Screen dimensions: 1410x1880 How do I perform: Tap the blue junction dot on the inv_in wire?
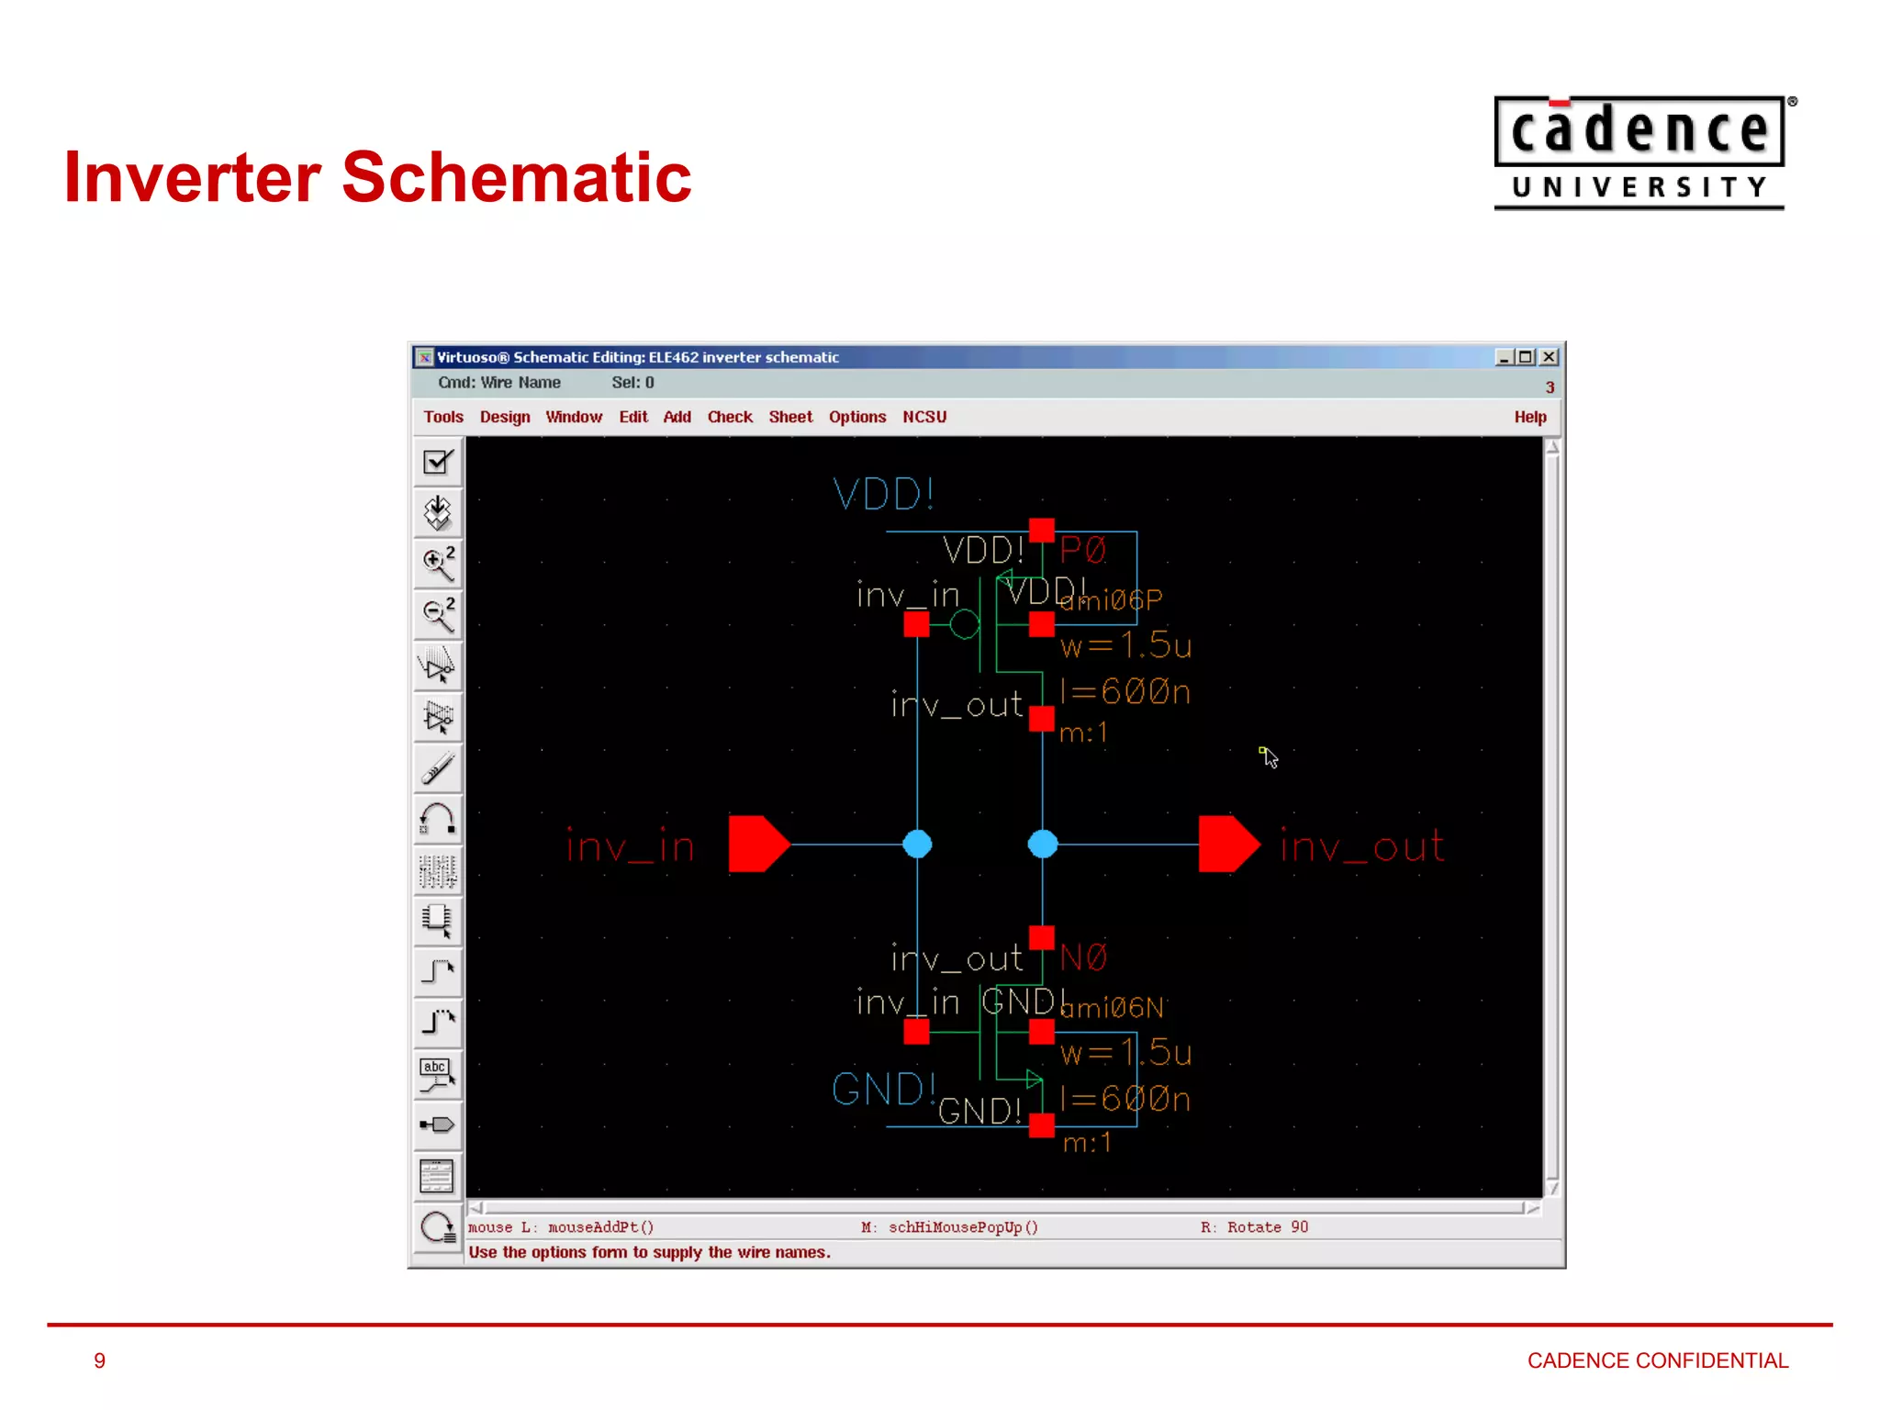pos(917,844)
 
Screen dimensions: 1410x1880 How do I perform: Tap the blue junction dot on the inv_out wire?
pos(1043,844)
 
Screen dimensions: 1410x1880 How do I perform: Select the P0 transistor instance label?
pos(1083,550)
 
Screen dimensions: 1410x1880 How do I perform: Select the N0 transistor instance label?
pos(1083,957)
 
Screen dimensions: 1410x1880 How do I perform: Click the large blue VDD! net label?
pos(883,494)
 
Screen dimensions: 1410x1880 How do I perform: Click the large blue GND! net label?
pos(883,1090)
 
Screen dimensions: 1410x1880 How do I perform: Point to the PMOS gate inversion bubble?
pos(964,625)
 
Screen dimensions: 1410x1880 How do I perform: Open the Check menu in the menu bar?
pos(730,417)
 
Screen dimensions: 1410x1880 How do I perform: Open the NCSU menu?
pos(923,417)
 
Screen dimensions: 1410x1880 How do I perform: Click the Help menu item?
pos(1529,417)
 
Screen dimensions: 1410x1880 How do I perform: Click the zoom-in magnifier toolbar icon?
pos(438,564)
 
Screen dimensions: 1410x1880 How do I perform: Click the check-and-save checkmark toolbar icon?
pos(438,462)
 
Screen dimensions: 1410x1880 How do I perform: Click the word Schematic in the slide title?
pos(516,177)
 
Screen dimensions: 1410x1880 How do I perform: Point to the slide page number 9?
pos(100,1360)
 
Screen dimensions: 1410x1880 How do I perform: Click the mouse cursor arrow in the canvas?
pos(1269,756)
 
